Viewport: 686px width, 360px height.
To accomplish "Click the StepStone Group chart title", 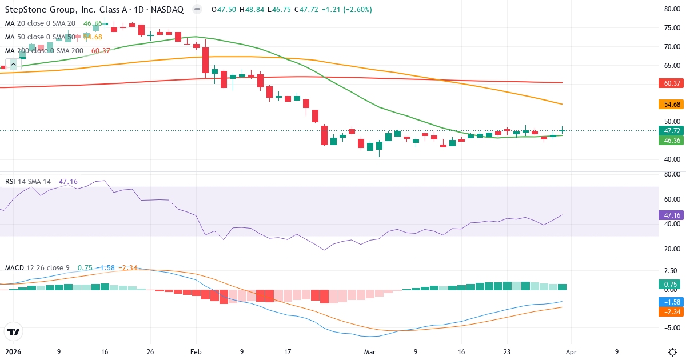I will click(x=94, y=10).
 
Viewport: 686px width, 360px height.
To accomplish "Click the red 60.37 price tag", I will click(x=672, y=83).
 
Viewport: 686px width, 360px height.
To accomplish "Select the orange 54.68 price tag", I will click(x=672, y=105).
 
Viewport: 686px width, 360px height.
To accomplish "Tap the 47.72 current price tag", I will click(x=672, y=130).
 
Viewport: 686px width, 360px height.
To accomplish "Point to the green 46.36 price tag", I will click(x=672, y=140).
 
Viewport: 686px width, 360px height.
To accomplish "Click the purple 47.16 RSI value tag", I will click(x=672, y=215).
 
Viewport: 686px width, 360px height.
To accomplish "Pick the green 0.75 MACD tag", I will click(x=672, y=285).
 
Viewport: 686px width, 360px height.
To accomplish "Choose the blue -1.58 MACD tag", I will click(x=672, y=302).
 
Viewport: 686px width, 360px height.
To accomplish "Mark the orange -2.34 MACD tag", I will click(x=672, y=312).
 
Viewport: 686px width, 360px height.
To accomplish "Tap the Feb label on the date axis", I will click(x=196, y=352).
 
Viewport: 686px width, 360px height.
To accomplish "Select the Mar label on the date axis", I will click(x=369, y=352).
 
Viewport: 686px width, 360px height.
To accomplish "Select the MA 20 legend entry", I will click(x=40, y=23).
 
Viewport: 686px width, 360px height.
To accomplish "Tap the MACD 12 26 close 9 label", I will click(x=37, y=268).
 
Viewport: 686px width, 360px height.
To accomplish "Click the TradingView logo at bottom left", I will click(x=13, y=331).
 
